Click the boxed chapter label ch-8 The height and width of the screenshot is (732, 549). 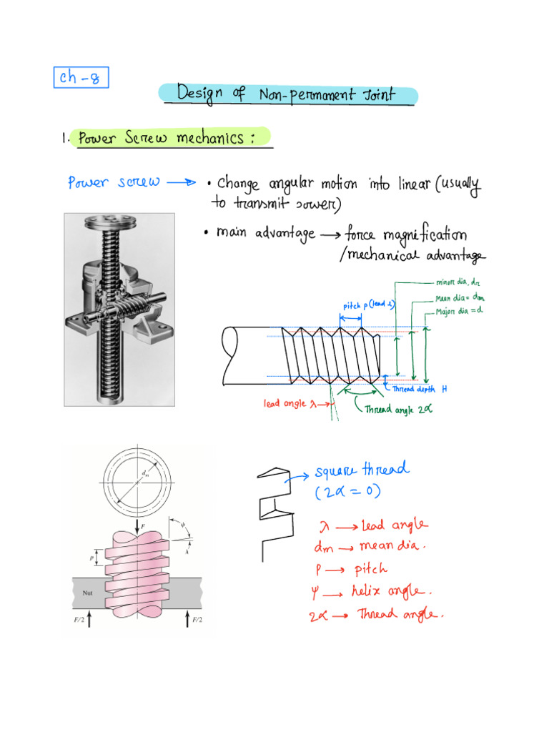81,76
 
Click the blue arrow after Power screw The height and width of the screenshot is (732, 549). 180,182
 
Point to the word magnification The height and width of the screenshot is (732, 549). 427,234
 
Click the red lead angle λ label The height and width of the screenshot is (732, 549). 290,403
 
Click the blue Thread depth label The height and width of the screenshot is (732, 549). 415,389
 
